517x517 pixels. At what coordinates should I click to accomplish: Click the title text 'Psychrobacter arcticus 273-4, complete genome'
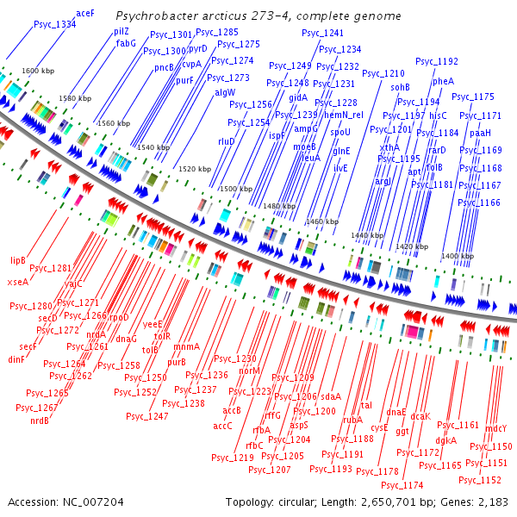coord(258,16)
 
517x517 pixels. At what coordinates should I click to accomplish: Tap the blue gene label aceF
coord(85,14)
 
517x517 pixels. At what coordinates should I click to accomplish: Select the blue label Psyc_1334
coord(54,24)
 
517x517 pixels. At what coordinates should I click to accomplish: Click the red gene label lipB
coord(18,259)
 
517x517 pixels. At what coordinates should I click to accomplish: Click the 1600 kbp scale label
coord(38,70)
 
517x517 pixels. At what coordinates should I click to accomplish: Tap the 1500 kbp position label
coord(236,188)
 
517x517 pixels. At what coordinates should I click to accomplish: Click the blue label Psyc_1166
coord(479,202)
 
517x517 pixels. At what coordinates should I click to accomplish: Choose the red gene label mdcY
coord(496,428)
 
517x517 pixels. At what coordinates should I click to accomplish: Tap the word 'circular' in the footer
coord(314,501)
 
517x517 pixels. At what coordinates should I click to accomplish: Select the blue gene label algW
coord(224,91)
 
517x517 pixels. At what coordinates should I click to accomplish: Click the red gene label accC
coord(223,425)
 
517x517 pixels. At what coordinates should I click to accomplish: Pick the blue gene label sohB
coord(400,87)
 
